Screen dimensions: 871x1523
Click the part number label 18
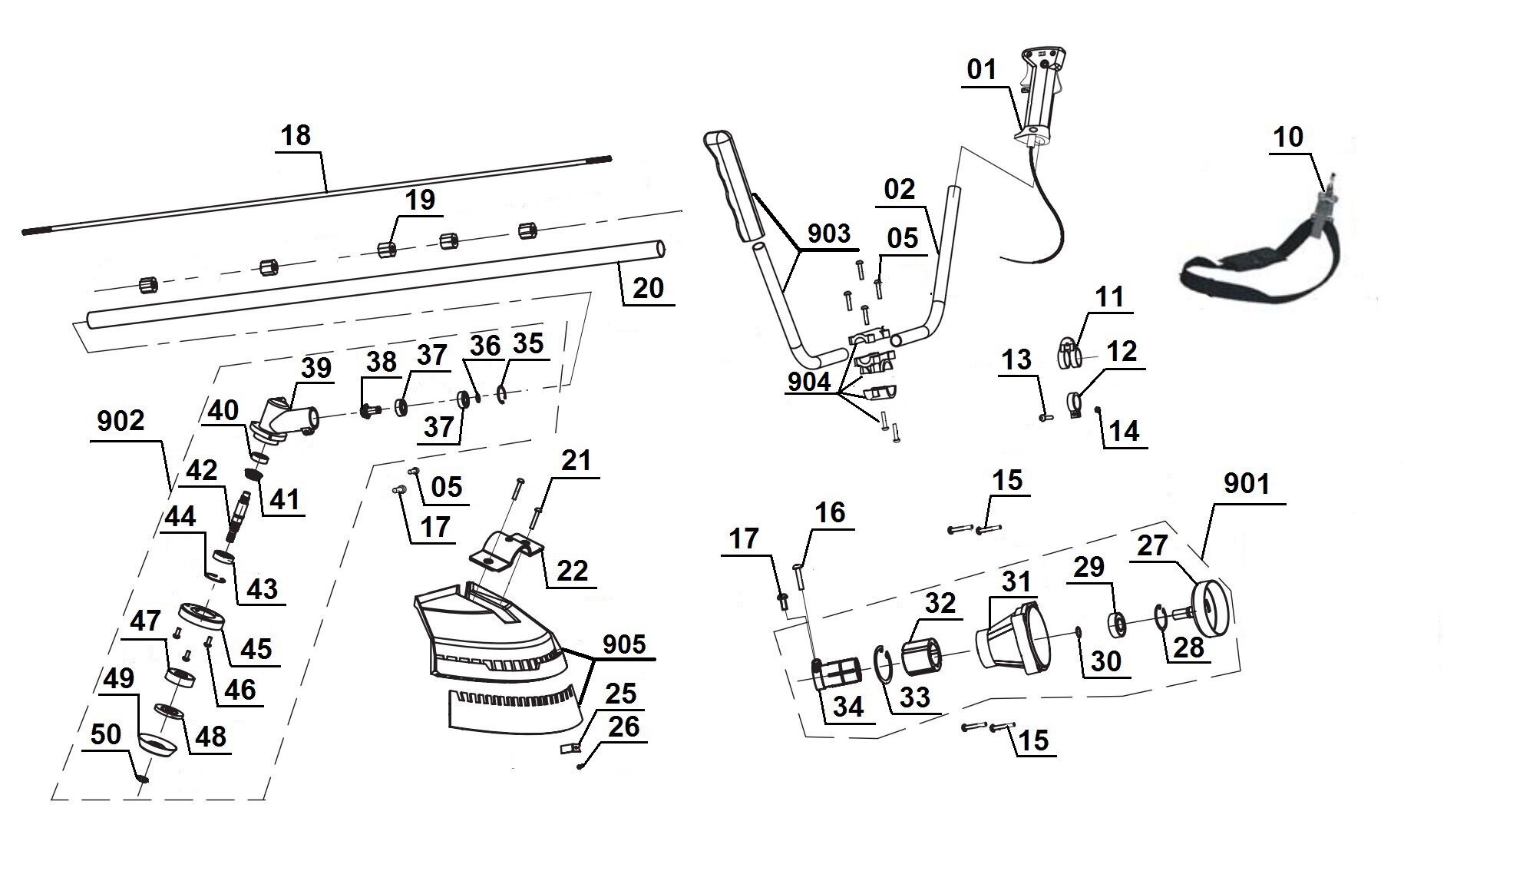click(296, 135)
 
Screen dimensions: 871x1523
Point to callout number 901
click(1246, 484)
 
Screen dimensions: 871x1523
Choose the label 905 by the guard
click(624, 644)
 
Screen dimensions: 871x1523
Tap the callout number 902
click(121, 421)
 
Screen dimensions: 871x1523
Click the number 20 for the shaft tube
click(648, 288)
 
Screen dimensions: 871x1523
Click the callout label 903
click(828, 233)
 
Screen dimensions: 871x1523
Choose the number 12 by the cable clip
click(1122, 352)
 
